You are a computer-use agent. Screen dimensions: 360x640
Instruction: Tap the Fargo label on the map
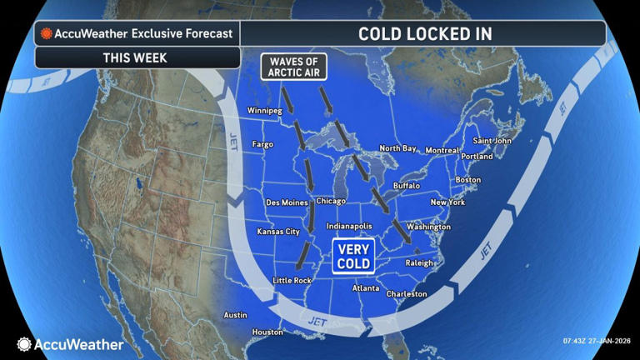coord(262,144)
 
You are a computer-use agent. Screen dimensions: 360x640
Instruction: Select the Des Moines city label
coord(285,202)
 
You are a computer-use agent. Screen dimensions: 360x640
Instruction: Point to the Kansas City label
coord(278,231)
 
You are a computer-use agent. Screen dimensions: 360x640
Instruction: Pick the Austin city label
coord(236,315)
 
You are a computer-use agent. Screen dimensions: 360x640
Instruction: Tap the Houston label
coord(268,332)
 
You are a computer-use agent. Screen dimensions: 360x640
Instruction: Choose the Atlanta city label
coord(366,288)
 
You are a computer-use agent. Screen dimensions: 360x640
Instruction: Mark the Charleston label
coord(407,293)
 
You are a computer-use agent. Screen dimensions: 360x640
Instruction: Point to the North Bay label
coord(398,148)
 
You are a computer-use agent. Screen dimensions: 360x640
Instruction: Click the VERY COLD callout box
coord(353,256)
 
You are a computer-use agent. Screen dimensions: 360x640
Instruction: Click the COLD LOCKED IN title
coord(424,33)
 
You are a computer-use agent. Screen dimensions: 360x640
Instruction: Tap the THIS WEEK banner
coord(135,57)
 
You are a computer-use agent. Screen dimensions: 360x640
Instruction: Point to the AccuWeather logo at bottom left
coord(70,343)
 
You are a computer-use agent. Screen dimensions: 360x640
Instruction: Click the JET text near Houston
coord(317,320)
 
